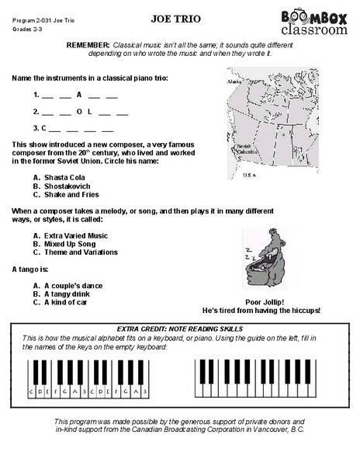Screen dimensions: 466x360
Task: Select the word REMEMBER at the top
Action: [x=88, y=46]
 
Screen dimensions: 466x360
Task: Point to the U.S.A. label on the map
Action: [x=249, y=176]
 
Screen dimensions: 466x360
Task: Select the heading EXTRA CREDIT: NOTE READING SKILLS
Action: [x=179, y=329]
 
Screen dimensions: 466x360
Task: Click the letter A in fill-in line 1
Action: [x=78, y=95]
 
